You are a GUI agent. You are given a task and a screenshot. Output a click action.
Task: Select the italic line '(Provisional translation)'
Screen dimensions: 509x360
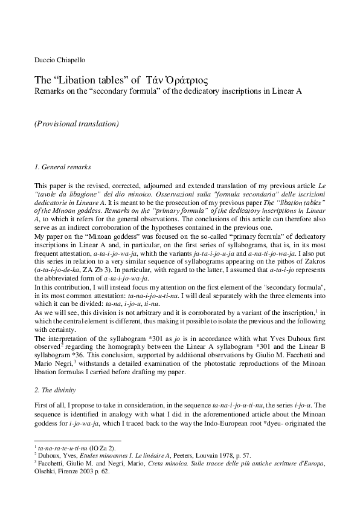point(76,124)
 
